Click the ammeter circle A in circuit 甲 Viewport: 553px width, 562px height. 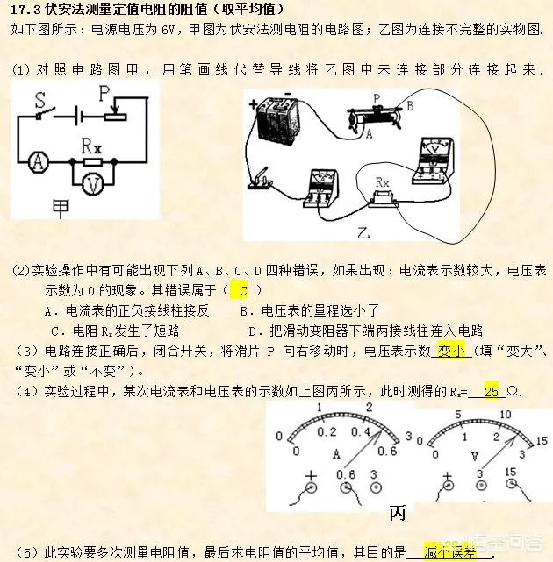pyautogui.click(x=38, y=160)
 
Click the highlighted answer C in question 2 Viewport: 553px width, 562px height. pyautogui.click(x=244, y=288)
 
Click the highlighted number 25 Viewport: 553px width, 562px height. pyautogui.click(x=492, y=392)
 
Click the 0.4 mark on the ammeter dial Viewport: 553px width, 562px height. pyautogui.click(x=359, y=432)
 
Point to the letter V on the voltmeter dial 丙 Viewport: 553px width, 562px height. pyautogui.click(x=473, y=456)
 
